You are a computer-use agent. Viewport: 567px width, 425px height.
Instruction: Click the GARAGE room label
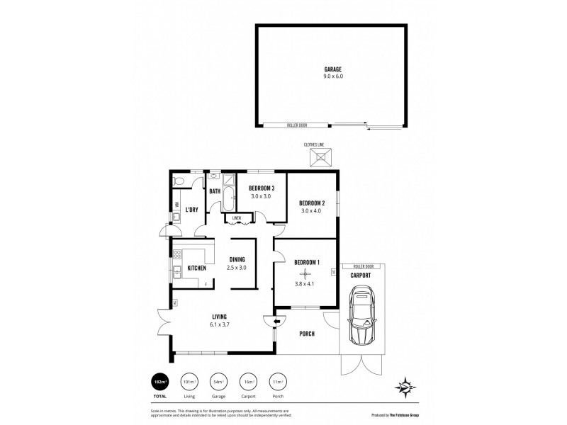tap(333, 69)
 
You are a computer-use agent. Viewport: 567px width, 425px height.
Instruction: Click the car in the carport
tap(362, 317)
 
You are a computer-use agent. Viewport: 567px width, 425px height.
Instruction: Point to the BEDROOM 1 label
tap(307, 263)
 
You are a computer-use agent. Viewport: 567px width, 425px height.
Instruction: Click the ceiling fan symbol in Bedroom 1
tap(306, 275)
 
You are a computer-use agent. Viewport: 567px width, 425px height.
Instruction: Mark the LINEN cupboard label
tap(237, 218)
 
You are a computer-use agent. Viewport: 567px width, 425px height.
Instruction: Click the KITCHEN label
tap(197, 268)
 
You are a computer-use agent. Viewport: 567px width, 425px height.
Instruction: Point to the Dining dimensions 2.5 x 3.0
tap(236, 268)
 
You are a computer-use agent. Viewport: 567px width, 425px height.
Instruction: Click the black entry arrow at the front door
tap(266, 321)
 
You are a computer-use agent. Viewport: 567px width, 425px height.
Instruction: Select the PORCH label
tap(307, 334)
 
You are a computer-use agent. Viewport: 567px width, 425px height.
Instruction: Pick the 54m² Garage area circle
tap(218, 382)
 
